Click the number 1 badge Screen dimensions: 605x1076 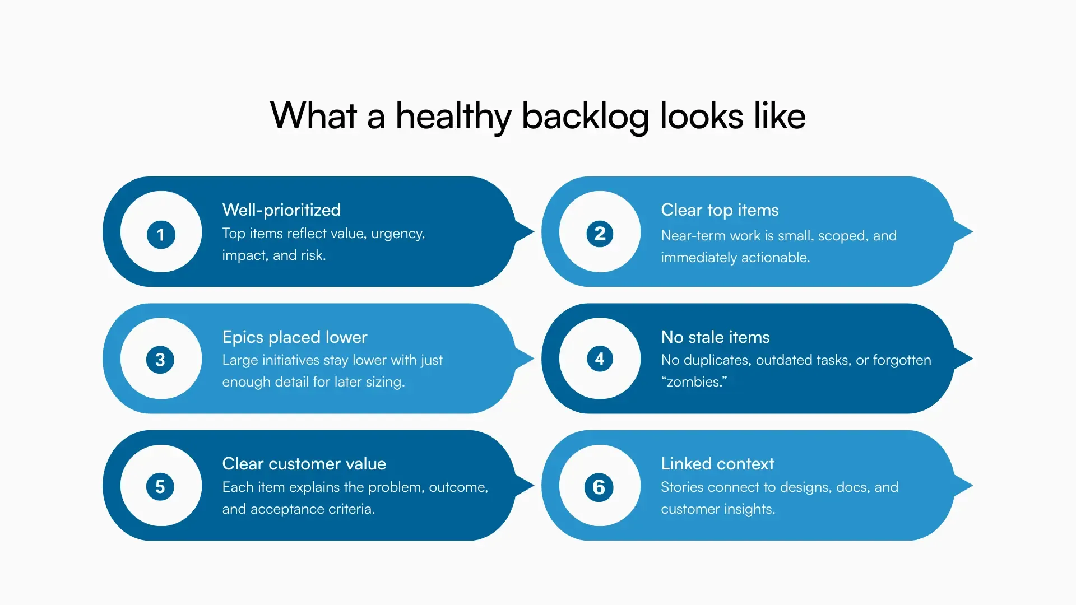(x=161, y=234)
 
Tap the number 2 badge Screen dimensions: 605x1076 (x=600, y=234)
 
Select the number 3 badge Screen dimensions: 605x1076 (x=160, y=360)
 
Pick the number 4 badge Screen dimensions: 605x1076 (x=600, y=359)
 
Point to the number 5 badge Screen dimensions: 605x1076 (x=160, y=486)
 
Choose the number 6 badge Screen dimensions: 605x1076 (x=599, y=487)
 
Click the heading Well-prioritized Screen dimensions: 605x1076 (x=281, y=210)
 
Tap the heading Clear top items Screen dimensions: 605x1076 (x=720, y=210)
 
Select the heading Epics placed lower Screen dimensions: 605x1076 (x=295, y=337)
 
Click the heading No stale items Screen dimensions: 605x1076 (x=715, y=337)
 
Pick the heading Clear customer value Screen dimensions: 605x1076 (x=304, y=464)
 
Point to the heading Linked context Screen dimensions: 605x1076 (x=717, y=464)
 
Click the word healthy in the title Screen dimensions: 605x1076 (x=453, y=117)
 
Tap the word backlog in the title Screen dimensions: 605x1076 (x=585, y=117)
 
